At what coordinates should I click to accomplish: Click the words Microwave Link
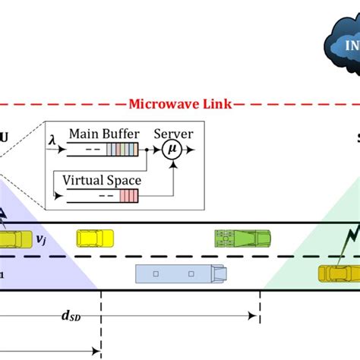point(179,103)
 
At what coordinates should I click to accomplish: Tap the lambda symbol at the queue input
point(52,139)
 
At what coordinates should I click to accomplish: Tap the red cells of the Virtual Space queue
point(129,197)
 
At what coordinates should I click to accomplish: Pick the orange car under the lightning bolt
point(338,272)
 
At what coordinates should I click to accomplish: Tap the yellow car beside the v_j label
point(11,239)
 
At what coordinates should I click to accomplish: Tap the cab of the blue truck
point(219,273)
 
